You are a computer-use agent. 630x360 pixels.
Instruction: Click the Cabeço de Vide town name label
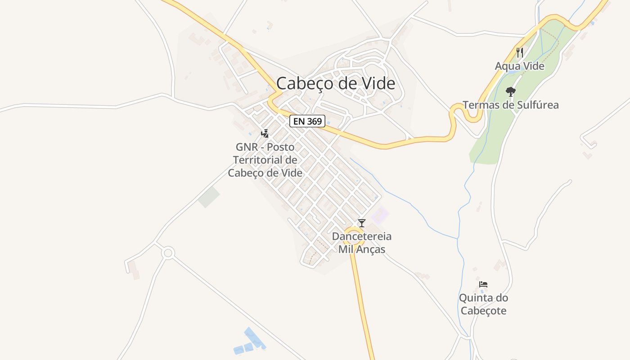[x=336, y=84]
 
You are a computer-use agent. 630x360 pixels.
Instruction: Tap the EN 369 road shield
[x=307, y=121]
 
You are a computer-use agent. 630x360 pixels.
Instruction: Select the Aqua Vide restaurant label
[x=520, y=66]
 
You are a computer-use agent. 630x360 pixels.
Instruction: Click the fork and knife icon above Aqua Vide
[x=520, y=52]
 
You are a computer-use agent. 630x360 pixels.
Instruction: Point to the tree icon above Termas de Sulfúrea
[x=510, y=92]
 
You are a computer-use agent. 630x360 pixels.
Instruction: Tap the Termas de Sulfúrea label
[x=511, y=105]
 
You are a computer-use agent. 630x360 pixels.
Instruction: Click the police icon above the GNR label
[x=265, y=133]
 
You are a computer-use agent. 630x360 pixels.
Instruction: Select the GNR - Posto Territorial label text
[x=265, y=160]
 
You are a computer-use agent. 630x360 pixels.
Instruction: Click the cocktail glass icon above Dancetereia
[x=361, y=223]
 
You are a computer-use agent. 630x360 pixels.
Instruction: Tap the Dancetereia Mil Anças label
[x=361, y=243]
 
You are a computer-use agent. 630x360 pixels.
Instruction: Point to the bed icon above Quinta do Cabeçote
[x=483, y=284]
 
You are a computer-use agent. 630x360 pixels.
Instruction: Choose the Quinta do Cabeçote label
[x=483, y=304]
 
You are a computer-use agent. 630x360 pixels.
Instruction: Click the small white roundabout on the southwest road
[x=168, y=253]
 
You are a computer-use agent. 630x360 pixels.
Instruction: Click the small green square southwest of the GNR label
[x=209, y=198]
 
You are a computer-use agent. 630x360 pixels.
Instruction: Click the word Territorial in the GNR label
[x=265, y=160]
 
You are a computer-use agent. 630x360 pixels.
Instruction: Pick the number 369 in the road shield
[x=314, y=121]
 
